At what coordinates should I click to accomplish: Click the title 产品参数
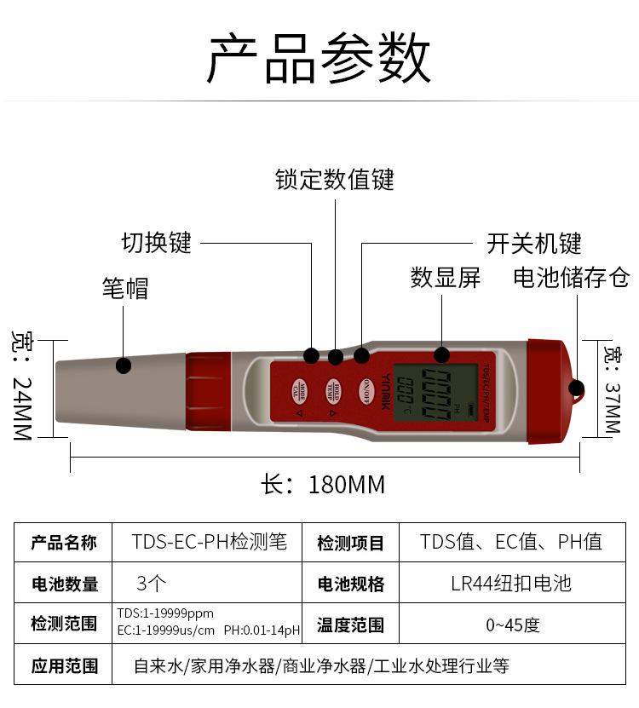(319, 59)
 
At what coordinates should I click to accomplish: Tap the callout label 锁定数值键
(335, 180)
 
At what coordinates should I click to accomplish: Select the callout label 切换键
(157, 243)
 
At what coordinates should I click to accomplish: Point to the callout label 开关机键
(534, 244)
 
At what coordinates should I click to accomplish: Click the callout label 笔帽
(125, 288)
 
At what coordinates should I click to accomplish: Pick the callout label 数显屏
(445, 278)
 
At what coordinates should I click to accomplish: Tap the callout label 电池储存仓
(571, 278)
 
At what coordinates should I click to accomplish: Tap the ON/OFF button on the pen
(366, 389)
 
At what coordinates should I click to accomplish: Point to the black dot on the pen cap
(124, 366)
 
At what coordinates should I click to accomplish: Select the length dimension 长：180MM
(324, 485)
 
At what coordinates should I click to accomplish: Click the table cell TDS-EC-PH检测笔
(210, 542)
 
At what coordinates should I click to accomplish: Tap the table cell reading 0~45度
(513, 625)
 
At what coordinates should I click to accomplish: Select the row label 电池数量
(65, 584)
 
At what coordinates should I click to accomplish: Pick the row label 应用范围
(65, 666)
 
